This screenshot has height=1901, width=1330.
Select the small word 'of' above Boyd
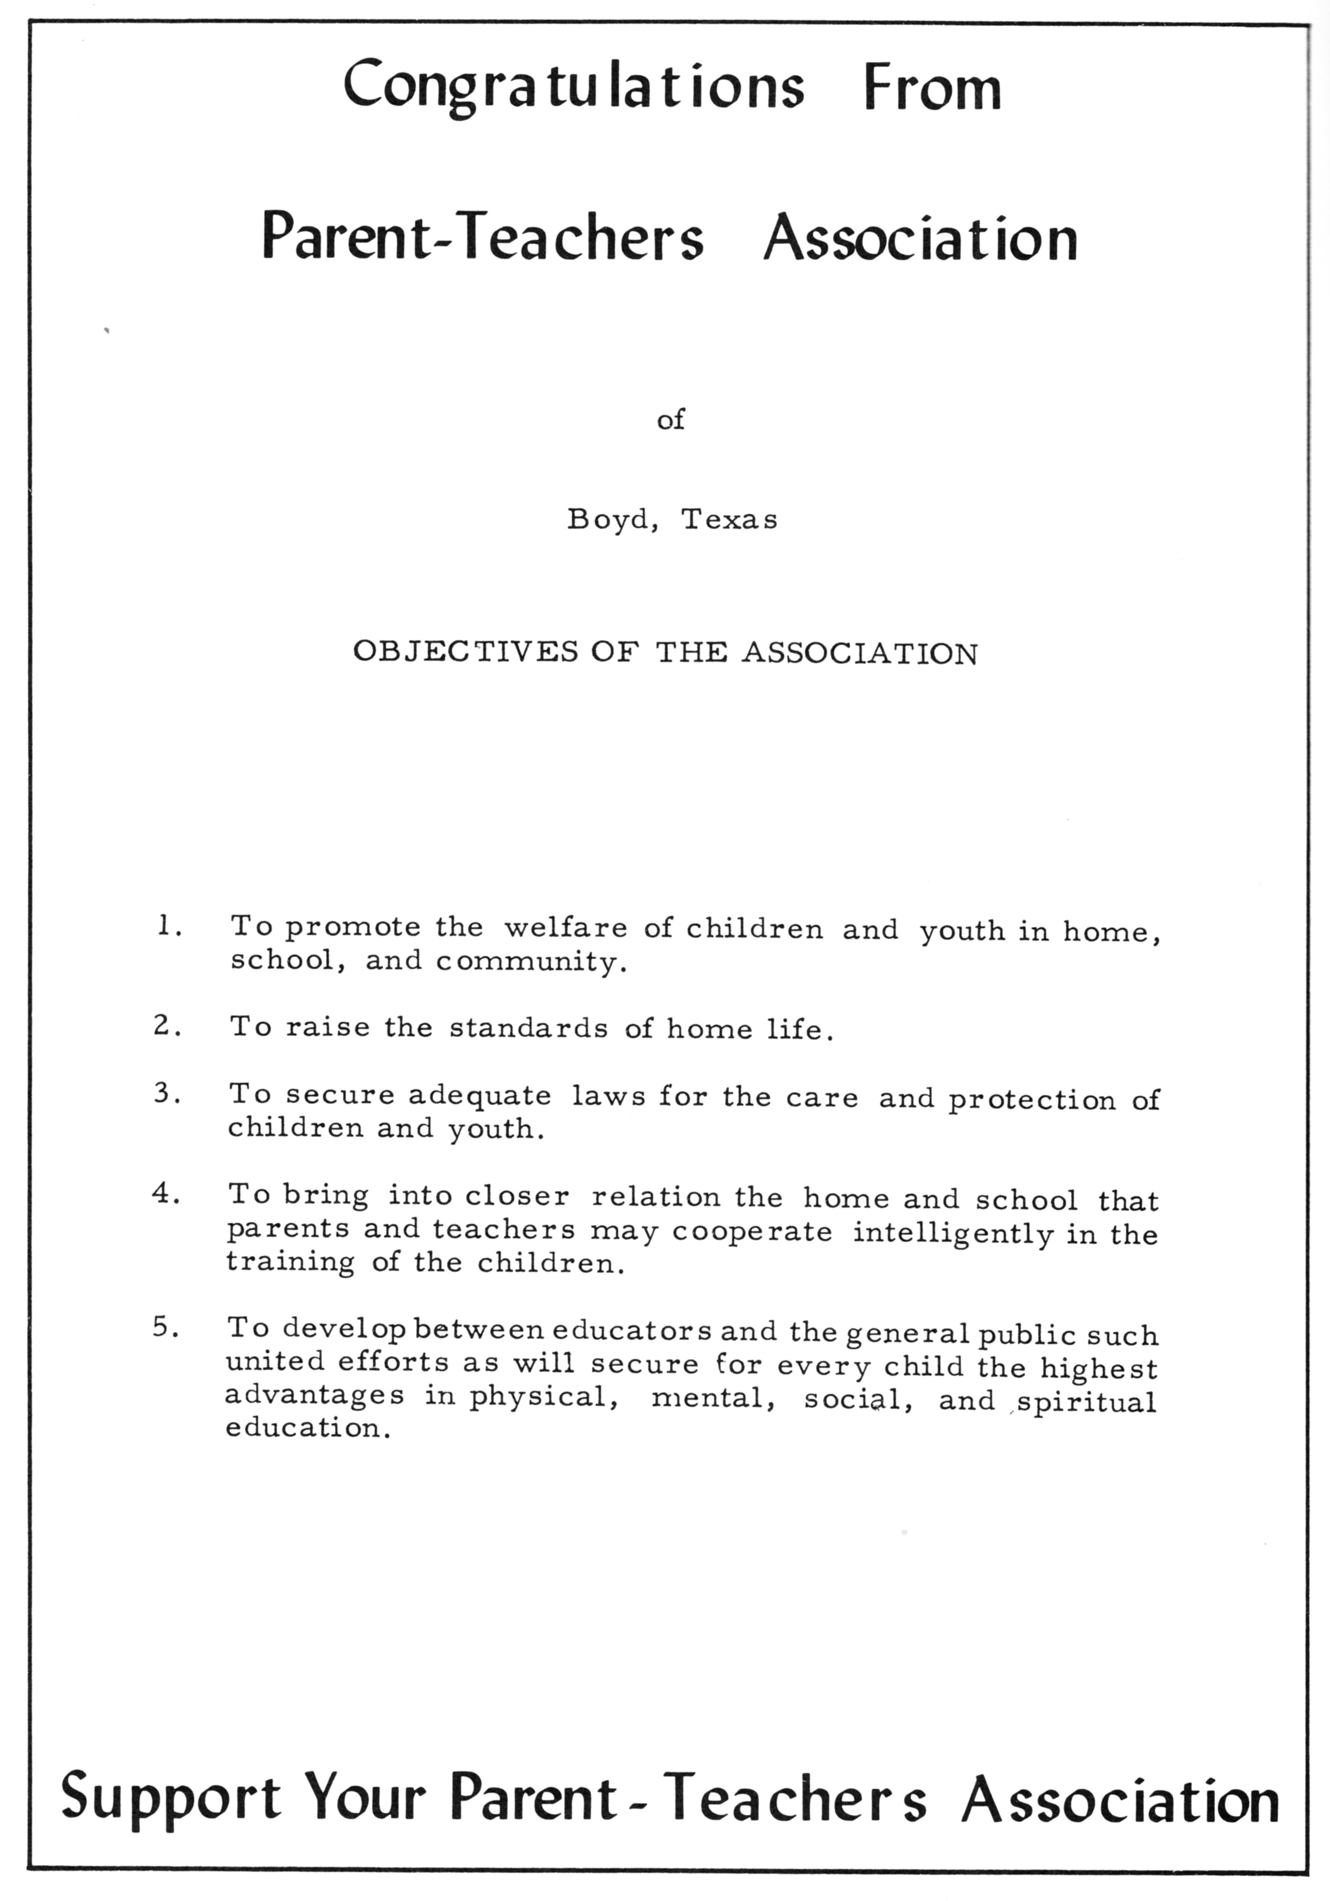tap(671, 420)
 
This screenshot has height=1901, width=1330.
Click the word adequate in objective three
tap(480, 1095)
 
